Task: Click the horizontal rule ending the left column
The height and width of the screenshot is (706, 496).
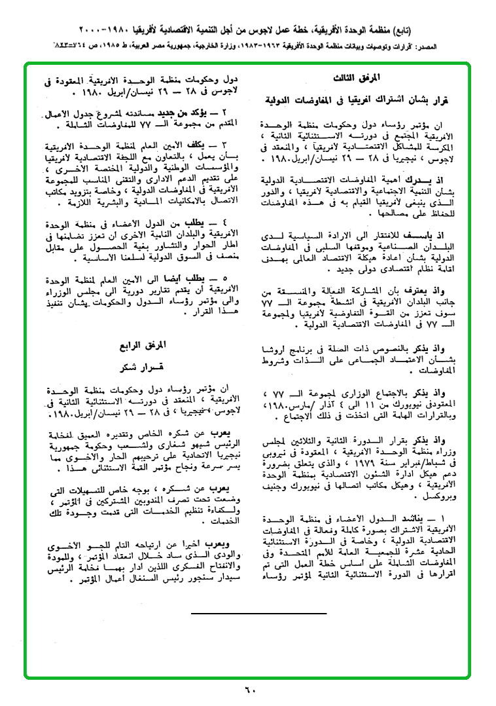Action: tap(259, 613)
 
